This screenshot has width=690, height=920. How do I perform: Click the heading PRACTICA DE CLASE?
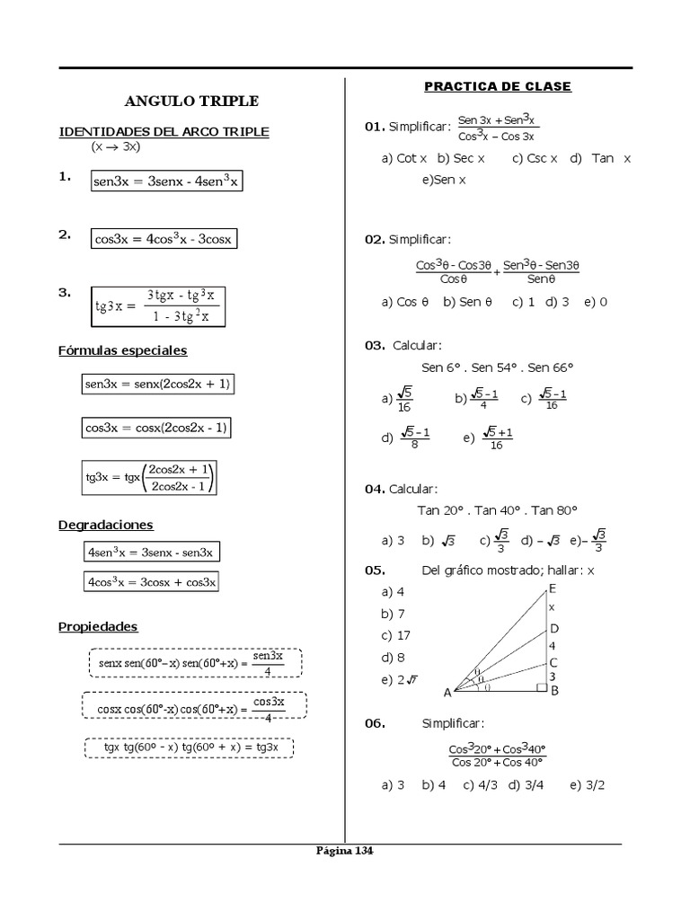(497, 86)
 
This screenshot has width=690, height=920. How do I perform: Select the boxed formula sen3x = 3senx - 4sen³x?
(166, 181)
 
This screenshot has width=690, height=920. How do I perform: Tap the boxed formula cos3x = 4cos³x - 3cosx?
(164, 239)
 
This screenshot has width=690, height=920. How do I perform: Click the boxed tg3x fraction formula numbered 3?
(158, 306)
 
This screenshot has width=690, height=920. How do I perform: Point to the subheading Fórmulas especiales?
(122, 350)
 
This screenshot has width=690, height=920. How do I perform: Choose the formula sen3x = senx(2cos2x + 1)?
(157, 384)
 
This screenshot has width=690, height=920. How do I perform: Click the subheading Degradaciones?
(106, 525)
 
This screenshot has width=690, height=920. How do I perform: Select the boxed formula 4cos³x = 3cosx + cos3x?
(152, 581)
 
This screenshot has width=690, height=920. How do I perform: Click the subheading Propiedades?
(98, 626)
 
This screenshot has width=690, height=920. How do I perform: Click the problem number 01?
(374, 127)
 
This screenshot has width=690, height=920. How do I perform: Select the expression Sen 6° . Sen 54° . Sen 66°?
(497, 367)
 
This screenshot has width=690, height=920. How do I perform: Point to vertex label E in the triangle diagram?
(553, 588)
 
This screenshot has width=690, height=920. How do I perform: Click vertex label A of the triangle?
(447, 693)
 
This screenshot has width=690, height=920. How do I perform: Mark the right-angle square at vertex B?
(542, 688)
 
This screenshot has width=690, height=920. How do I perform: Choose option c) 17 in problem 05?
(396, 635)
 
